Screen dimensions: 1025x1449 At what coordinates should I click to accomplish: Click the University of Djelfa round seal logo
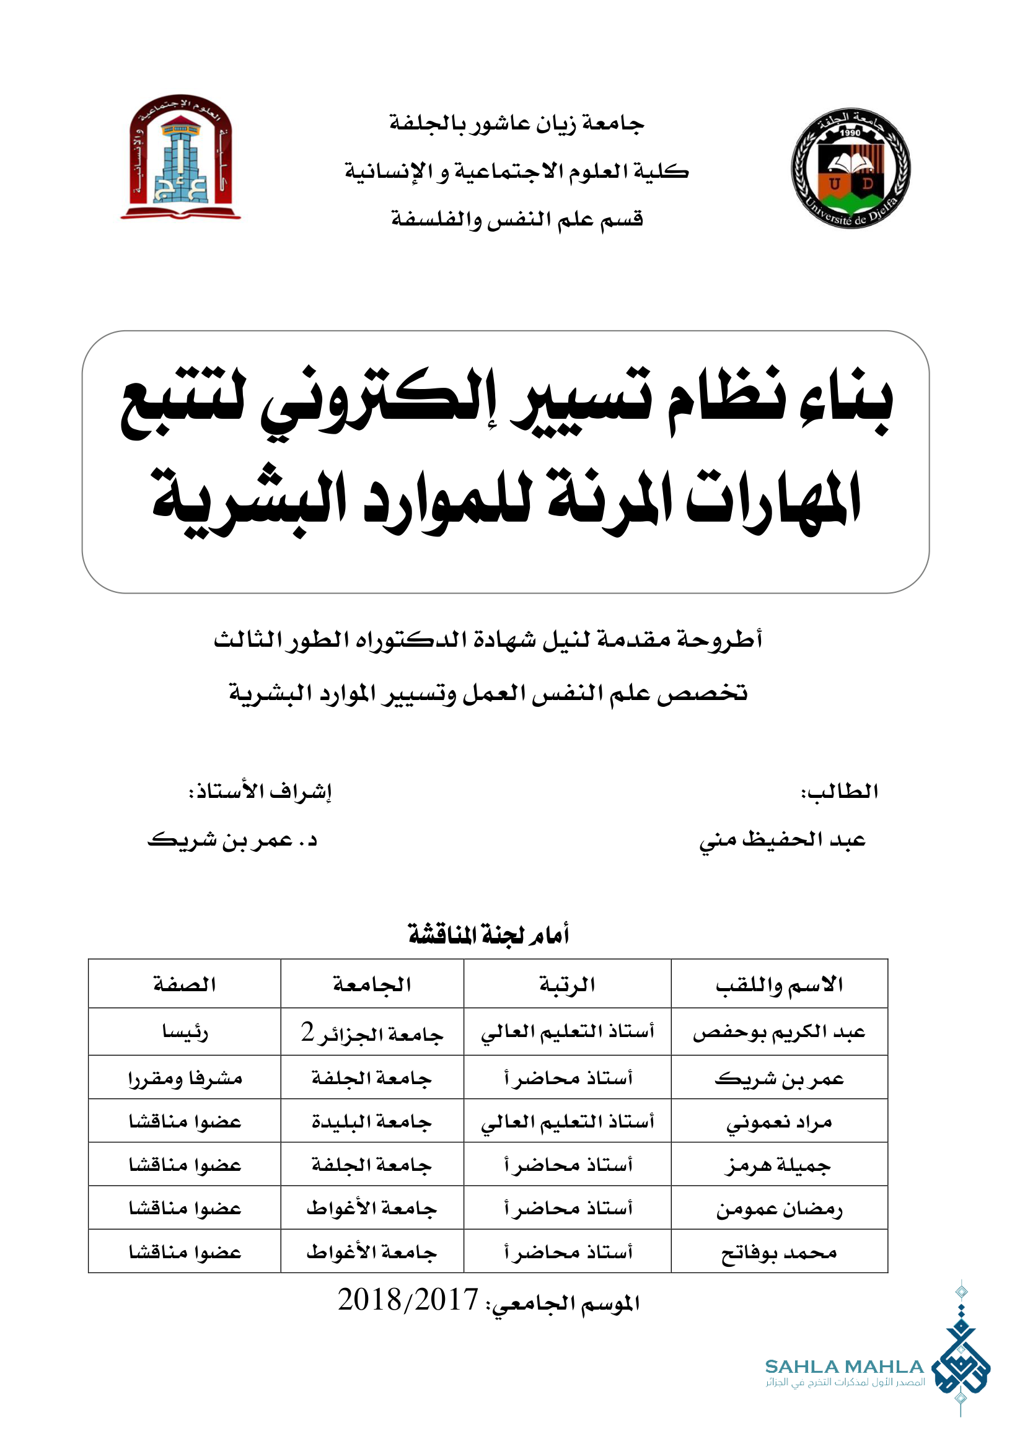pos(850,168)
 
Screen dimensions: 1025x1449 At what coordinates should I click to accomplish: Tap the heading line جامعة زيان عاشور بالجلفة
pos(516,123)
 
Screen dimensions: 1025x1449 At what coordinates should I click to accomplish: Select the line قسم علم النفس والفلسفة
pos(516,219)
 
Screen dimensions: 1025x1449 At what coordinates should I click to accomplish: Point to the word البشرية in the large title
pos(249,502)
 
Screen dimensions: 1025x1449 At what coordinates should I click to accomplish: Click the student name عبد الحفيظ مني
pos(782,840)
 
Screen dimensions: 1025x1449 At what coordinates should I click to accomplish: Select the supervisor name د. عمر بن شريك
pos(232,840)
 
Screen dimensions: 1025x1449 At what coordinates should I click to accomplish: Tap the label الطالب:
pos(840,791)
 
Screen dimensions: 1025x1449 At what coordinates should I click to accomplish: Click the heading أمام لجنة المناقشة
pos(489,934)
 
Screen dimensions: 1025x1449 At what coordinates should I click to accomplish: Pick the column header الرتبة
pos(567,984)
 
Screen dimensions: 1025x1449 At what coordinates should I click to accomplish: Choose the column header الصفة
pos(184,984)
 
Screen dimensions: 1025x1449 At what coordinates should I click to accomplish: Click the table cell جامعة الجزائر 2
pos(372,1033)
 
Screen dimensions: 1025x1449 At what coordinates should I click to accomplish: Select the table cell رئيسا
pos(184,1033)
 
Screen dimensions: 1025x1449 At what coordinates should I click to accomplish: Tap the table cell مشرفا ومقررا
pos(184,1079)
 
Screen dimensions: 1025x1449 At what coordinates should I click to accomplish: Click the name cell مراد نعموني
pos(779,1122)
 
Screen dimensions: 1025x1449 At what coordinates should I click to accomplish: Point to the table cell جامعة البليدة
pos(372,1121)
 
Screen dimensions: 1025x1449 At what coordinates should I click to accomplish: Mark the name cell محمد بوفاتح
pos(779,1252)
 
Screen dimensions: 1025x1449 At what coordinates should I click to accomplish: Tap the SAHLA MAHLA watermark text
pos(844,1367)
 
